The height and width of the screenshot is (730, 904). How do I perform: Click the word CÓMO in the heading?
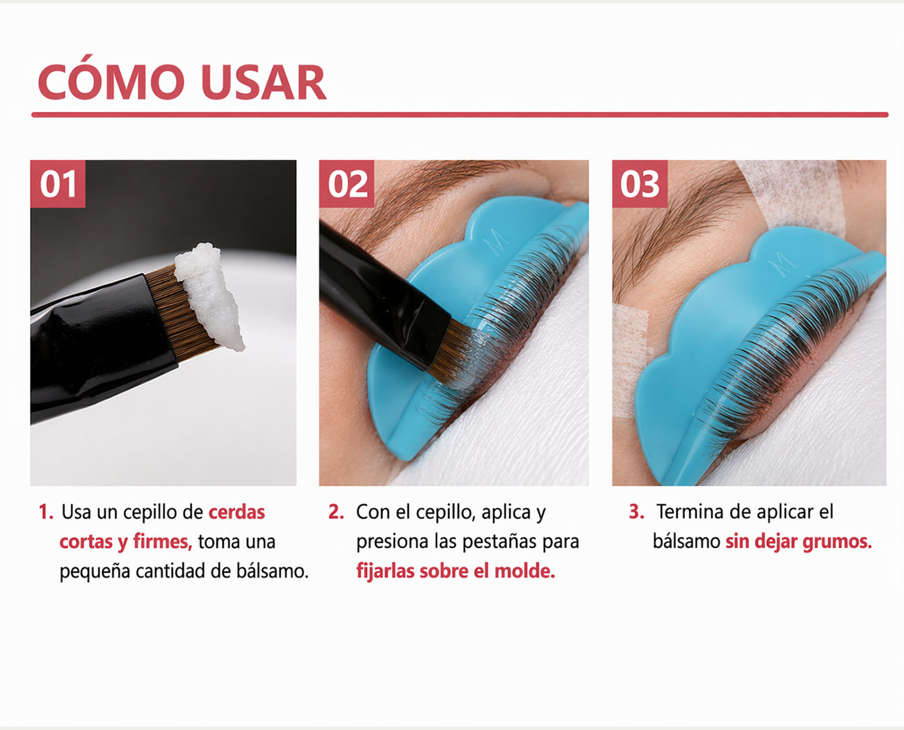coord(111,83)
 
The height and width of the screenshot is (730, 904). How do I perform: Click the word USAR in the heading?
coord(264,83)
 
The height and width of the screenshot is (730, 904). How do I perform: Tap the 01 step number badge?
coord(58,184)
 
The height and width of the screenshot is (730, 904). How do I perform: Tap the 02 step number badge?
coord(347,184)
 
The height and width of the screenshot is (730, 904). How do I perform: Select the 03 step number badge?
coord(640,184)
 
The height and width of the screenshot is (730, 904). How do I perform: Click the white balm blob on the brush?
coord(209,295)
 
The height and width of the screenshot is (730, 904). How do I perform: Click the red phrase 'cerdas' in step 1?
coord(237,512)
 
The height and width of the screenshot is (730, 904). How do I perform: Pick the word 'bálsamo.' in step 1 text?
coord(272,571)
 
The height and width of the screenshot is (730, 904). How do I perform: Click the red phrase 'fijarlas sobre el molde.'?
coord(455,571)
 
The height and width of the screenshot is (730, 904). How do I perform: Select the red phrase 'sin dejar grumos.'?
coord(798,542)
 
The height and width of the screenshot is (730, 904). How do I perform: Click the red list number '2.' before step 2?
coord(336,512)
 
